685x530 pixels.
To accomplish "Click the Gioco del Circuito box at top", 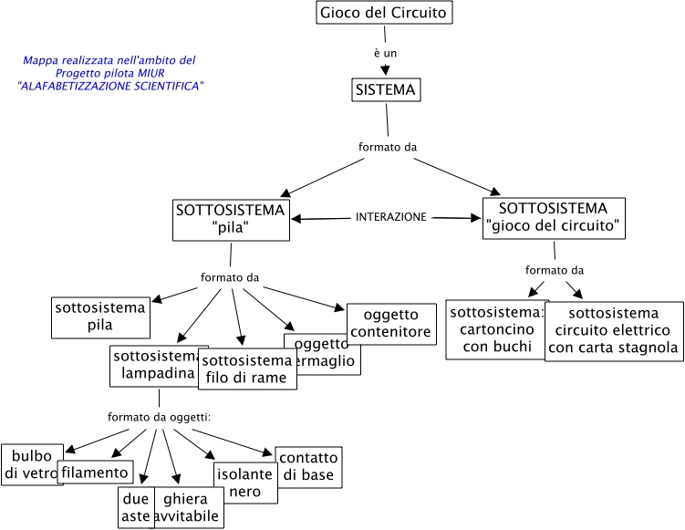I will click(384, 13).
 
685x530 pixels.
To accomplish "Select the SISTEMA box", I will click(385, 89).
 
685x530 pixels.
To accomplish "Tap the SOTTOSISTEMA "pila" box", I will click(231, 220).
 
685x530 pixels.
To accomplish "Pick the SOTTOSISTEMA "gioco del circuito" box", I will click(553, 219).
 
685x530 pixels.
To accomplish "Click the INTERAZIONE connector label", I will click(390, 217).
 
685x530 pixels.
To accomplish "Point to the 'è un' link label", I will click(385, 53).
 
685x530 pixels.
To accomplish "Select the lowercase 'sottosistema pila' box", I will click(99, 317).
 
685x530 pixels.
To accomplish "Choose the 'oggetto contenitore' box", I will click(390, 324).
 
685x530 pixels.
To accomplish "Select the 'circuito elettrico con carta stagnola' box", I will click(614, 331).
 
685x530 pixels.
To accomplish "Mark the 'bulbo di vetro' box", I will click(32, 463).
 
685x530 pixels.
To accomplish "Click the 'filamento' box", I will click(96, 472).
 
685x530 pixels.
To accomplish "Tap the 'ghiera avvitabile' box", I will click(190, 508).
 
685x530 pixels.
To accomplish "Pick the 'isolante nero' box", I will click(244, 483).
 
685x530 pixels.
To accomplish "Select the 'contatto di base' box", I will click(308, 466).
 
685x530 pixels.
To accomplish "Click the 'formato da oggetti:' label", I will click(159, 417).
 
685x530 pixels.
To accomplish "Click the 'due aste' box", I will click(135, 508).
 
